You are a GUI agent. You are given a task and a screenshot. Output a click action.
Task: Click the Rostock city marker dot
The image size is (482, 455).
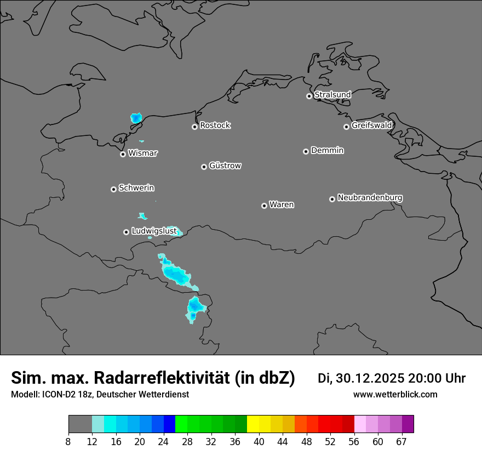coord(194,127)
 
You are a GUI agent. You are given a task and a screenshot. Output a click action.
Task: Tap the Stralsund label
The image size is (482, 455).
coord(332,95)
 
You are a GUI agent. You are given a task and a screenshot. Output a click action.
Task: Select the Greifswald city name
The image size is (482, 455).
coord(371,126)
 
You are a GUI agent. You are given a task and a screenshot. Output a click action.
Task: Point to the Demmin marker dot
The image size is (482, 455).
coord(306,151)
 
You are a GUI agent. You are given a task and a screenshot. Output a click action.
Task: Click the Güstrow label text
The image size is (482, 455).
coord(225,166)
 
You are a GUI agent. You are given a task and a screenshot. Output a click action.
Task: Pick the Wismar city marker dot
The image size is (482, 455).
coord(123,154)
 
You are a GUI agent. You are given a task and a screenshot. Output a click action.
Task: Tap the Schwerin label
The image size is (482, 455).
coord(136,188)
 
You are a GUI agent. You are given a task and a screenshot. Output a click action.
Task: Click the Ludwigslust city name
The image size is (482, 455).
coord(154,231)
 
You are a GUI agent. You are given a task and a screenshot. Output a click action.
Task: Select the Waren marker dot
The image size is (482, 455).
coord(264,206)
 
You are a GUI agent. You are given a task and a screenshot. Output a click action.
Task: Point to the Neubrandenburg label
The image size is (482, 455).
coord(370,198)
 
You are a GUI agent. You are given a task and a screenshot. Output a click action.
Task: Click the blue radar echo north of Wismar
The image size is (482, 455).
coord(136,118)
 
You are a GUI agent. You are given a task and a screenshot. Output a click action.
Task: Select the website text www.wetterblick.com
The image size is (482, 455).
coord(395,395)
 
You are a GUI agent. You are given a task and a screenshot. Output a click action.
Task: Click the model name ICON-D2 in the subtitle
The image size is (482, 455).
coord(61,395)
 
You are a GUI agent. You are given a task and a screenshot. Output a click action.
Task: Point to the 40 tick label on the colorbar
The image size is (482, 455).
coord(259,442)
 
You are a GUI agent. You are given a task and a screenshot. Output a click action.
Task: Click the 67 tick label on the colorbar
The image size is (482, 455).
coord(401,442)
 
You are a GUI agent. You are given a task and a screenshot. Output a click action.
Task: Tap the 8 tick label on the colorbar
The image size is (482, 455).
coord(68,442)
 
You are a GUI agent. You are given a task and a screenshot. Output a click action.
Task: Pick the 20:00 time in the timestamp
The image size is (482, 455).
coord(427,378)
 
